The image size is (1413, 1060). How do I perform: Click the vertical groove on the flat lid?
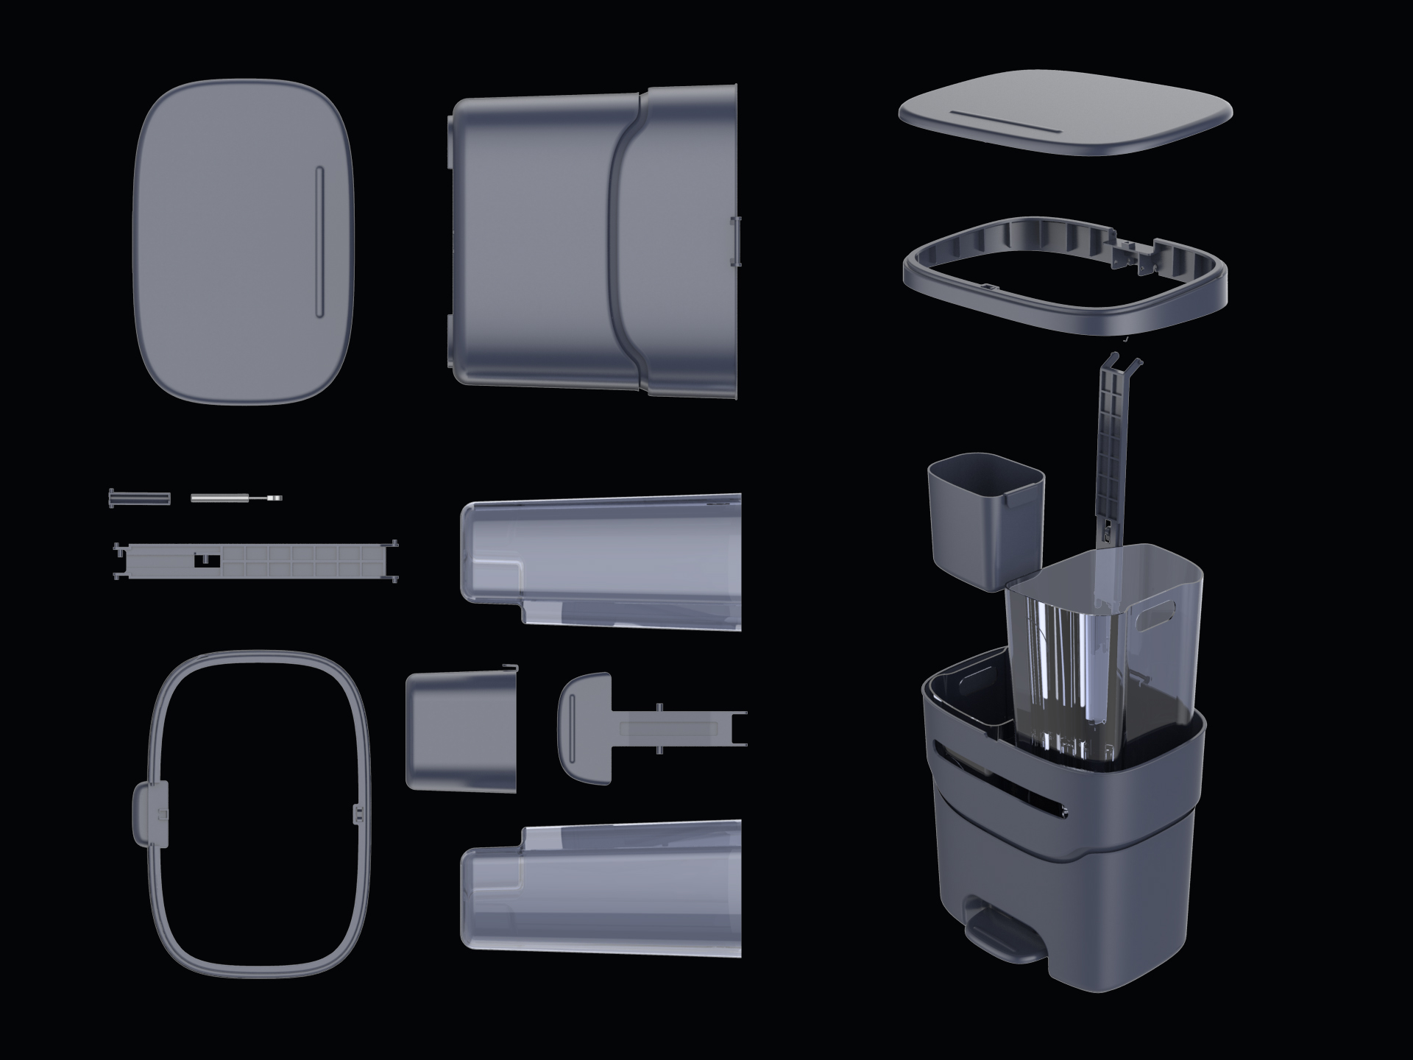[x=319, y=242]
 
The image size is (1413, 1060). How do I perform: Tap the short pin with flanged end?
[x=139, y=498]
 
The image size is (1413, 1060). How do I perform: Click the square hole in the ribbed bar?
[x=207, y=561]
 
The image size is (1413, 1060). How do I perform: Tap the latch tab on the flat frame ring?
[x=150, y=813]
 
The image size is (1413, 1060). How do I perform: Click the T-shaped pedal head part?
[x=586, y=727]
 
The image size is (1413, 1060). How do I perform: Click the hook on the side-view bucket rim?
[x=511, y=668]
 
